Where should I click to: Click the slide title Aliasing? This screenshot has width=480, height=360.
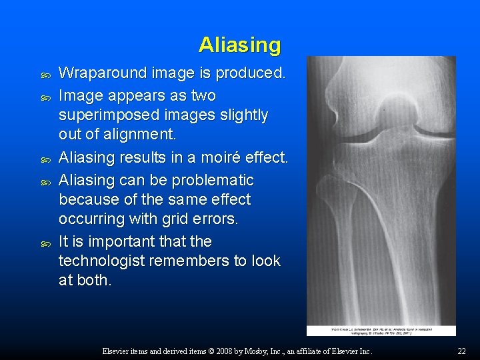pos(239,45)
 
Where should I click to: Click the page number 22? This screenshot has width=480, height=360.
pos(461,351)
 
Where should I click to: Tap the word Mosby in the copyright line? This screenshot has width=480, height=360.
pos(262,351)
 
